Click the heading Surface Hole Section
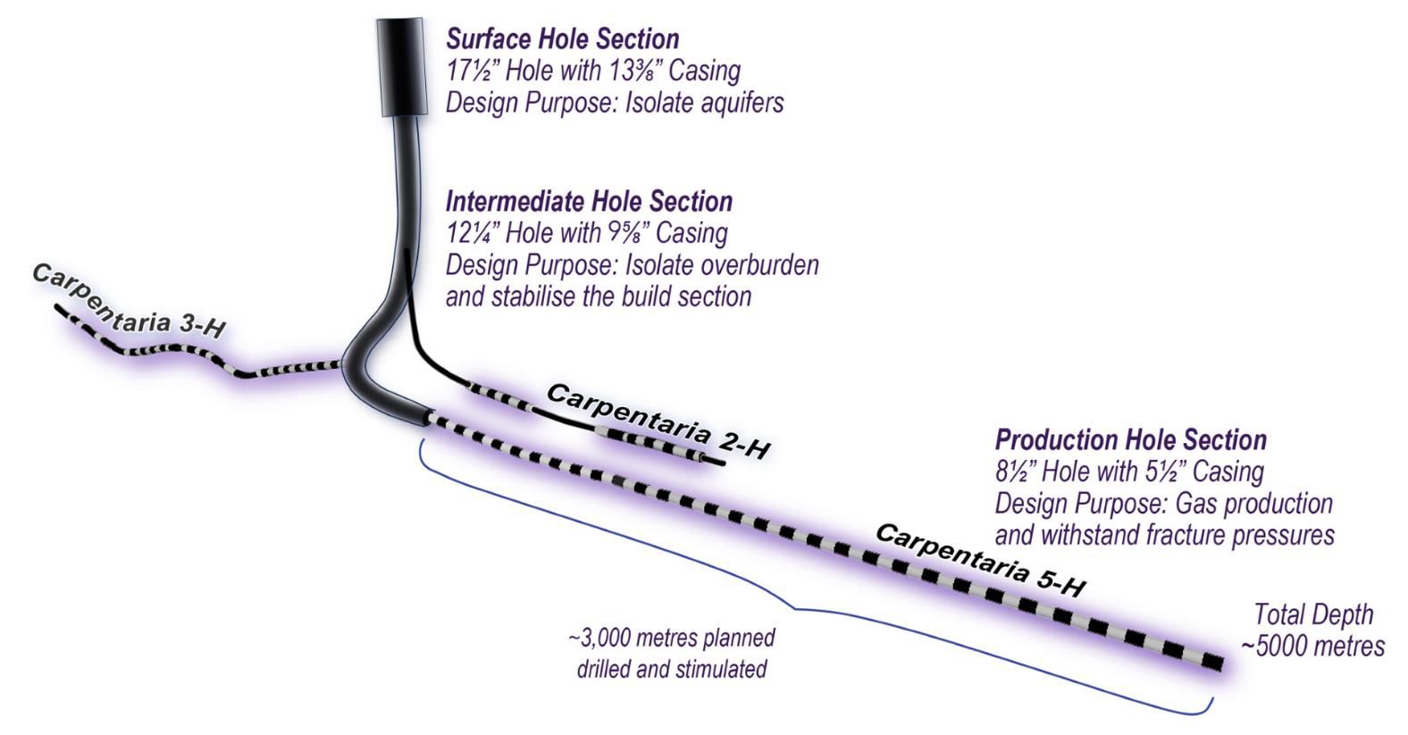click(562, 39)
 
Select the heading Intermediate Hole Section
click(589, 201)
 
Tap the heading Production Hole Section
click(1130, 439)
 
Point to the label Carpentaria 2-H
click(657, 420)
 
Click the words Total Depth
click(1313, 614)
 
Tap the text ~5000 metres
click(1313, 646)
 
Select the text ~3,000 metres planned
click(671, 639)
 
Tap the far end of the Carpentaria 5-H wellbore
click(1214, 663)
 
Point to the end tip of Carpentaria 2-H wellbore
click(719, 463)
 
